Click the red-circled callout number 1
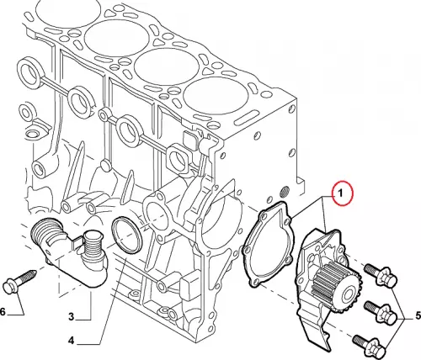[340, 193]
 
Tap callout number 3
[72, 317]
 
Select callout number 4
[72, 341]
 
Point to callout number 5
[418, 316]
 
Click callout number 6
[3, 311]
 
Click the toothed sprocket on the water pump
[337, 289]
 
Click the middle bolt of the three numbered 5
[381, 312]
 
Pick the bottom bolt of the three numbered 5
[370, 346]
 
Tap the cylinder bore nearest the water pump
[216, 95]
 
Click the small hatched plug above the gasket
[285, 193]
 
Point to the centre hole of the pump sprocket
[347, 294]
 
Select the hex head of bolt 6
[11, 286]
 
